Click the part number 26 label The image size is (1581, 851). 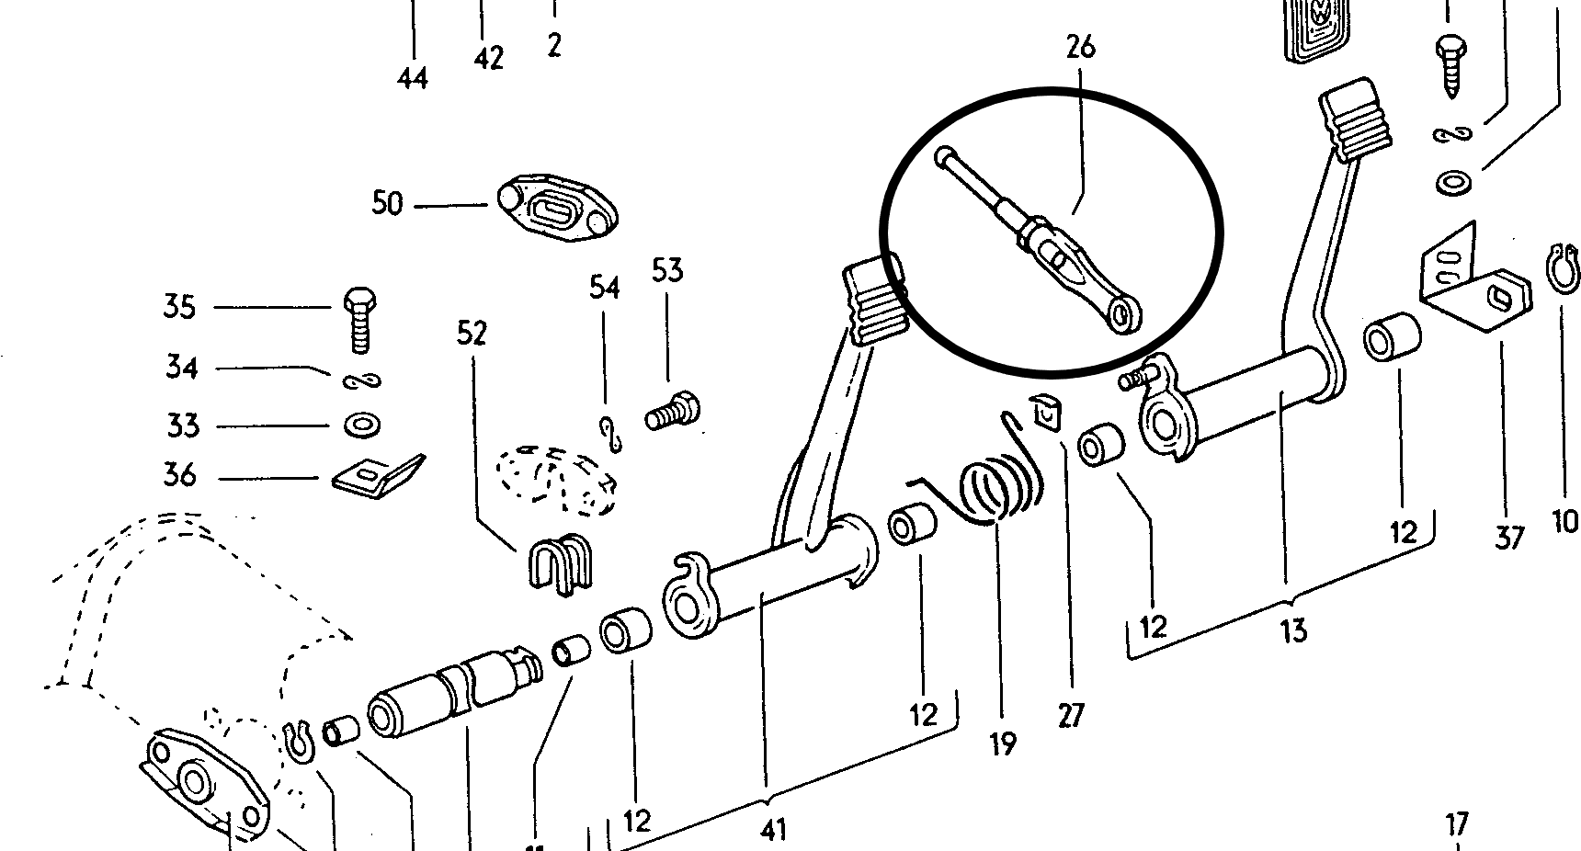point(1081,47)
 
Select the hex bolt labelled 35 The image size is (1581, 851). point(359,319)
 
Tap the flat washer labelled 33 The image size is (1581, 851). point(359,425)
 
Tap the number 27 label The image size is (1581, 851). point(1071,714)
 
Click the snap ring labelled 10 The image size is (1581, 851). point(1563,269)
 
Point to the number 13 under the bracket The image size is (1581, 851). point(1292,631)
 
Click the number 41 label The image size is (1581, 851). point(774,830)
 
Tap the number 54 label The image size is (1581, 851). point(604,288)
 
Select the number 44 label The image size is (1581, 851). point(413,79)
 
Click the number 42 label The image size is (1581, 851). point(489,59)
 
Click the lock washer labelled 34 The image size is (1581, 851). point(361,380)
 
